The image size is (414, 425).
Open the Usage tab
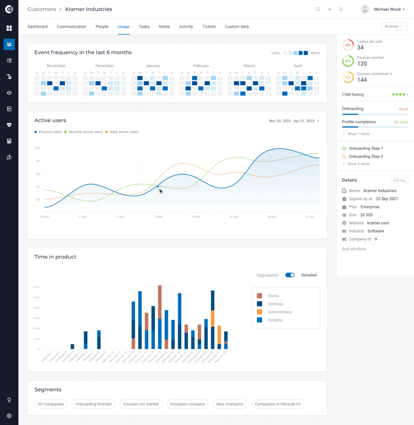(x=123, y=27)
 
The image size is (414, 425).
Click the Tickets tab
(x=209, y=27)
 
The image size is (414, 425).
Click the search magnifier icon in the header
(x=318, y=9)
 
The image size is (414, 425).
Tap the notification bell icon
(x=341, y=9)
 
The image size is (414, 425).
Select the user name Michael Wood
(x=387, y=9)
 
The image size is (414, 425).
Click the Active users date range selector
(x=294, y=121)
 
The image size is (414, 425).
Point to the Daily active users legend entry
(x=124, y=132)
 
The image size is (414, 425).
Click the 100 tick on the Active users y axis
(x=37, y=148)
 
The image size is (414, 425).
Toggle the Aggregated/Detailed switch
(x=290, y=275)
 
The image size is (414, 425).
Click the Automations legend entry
(x=279, y=312)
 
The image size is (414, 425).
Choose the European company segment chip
(x=187, y=404)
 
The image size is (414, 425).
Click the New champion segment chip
(x=230, y=404)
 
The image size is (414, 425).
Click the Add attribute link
(x=354, y=249)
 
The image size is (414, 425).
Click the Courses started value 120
(x=362, y=64)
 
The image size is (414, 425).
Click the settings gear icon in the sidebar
(x=9, y=415)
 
